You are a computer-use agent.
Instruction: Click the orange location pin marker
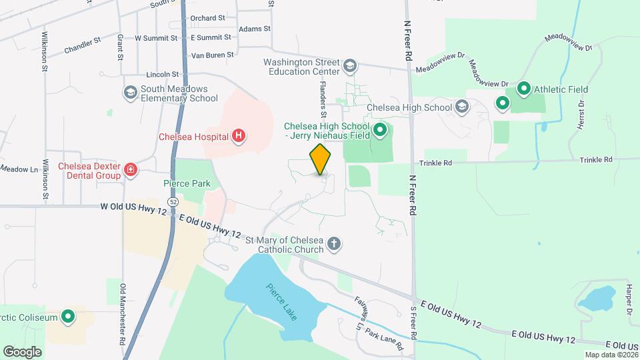pos(320,159)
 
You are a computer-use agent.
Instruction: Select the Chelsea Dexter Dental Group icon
pos(131,171)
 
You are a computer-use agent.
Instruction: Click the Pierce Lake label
pos(281,302)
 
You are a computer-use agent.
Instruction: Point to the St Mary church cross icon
pos(334,244)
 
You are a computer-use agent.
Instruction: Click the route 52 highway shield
pos(173,201)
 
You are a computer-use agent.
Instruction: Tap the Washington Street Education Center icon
pos(350,66)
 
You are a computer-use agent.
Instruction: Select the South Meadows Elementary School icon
pos(130,93)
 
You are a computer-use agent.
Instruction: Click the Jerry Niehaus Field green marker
pos(380,130)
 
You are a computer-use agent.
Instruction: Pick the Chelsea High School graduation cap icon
pos(462,107)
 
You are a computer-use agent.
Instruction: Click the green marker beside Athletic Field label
pos(523,89)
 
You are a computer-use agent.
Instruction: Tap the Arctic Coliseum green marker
pos(67,317)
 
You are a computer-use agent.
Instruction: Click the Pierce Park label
pos(187,183)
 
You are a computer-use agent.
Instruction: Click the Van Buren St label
pos(212,55)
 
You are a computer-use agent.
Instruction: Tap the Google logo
pos(22,351)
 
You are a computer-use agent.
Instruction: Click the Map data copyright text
pos(609,354)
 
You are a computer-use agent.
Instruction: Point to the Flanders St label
pos(322,97)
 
